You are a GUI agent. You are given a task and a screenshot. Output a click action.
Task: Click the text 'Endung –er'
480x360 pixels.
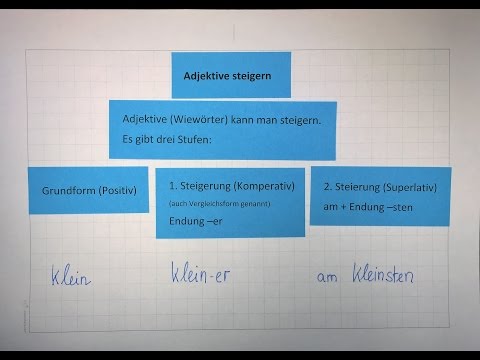coord(196,220)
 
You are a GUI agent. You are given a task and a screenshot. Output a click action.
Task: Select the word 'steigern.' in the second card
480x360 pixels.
coord(296,120)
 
